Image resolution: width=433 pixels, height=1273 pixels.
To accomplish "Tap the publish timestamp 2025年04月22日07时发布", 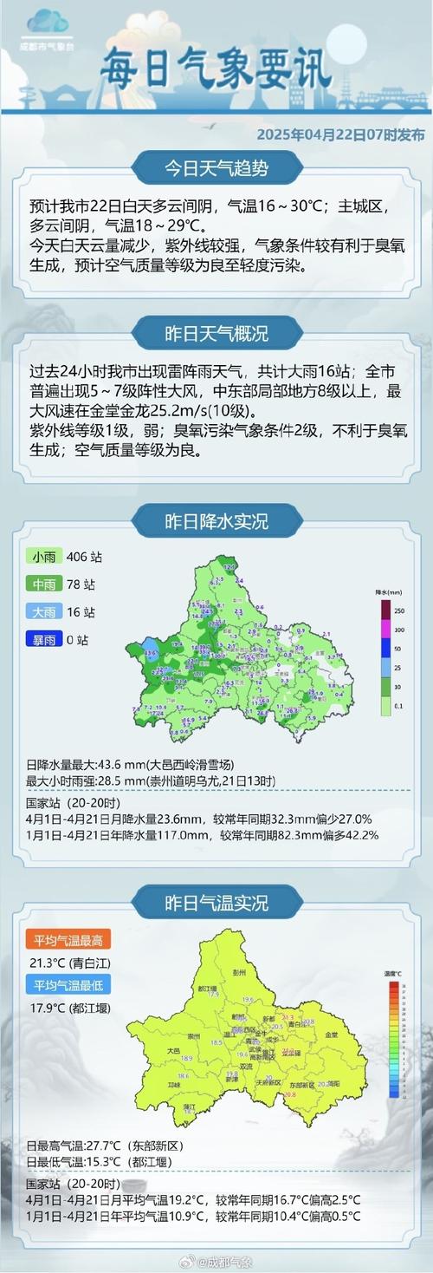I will [x=340, y=135].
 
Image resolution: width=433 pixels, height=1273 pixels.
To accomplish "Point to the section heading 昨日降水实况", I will [x=216, y=522].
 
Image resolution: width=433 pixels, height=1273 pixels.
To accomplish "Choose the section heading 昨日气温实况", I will [x=216, y=903].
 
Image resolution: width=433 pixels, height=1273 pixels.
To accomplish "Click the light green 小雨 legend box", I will [x=42, y=557].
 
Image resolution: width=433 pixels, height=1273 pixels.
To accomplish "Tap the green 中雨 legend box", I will [x=42, y=584].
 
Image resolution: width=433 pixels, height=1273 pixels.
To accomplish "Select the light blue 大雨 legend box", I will [x=42, y=612].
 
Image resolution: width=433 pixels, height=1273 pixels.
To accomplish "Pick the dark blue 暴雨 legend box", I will [x=42, y=640].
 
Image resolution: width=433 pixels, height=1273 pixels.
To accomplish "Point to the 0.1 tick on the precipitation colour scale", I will [x=399, y=707].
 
